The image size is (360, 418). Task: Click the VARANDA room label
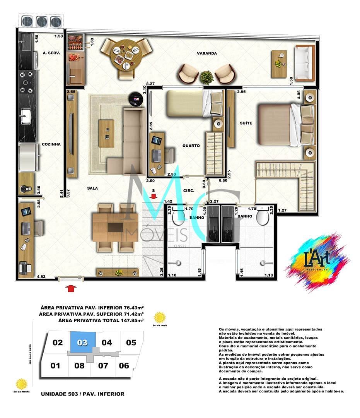[x=206, y=53]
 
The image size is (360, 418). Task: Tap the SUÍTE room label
[x=246, y=123]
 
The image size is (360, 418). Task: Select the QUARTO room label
[x=191, y=146]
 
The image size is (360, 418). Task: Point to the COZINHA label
[x=51, y=144]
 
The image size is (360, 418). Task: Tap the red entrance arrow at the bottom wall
[x=71, y=288]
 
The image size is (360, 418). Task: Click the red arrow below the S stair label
[x=154, y=197]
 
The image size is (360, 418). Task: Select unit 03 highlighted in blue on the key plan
[x=82, y=343]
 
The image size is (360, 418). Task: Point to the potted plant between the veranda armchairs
[x=207, y=77]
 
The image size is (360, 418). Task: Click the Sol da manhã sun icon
[x=22, y=384]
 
